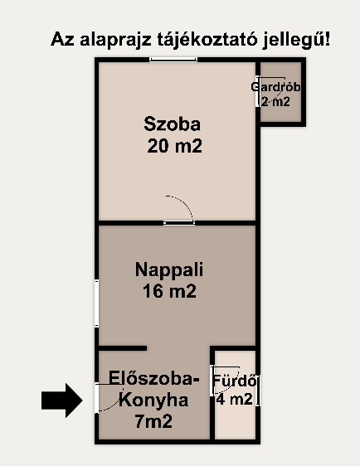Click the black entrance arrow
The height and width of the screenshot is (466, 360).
[x=62, y=400]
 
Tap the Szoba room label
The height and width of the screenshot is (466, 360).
[x=173, y=124]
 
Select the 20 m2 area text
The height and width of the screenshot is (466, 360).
[x=174, y=146]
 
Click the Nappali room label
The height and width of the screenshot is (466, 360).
[x=169, y=269]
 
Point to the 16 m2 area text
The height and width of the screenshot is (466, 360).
[x=169, y=291]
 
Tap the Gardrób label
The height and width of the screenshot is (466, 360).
[x=275, y=87]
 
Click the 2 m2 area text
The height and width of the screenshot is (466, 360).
[x=275, y=102]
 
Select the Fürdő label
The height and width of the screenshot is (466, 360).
[x=235, y=381]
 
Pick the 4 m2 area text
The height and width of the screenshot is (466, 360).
[x=234, y=399]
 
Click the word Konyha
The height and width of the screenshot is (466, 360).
[x=153, y=400]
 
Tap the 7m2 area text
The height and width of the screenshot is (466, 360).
[x=153, y=421]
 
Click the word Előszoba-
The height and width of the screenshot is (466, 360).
[x=154, y=378]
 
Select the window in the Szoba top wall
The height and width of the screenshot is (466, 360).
[x=173, y=60]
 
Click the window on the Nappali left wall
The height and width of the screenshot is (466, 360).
[x=96, y=303]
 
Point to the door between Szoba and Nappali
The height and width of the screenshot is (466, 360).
[x=179, y=223]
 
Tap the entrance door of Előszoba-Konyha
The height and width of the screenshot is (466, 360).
[x=96, y=398]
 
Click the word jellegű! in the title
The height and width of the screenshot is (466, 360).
[x=296, y=40]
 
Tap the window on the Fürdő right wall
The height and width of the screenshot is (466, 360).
[x=258, y=391]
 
